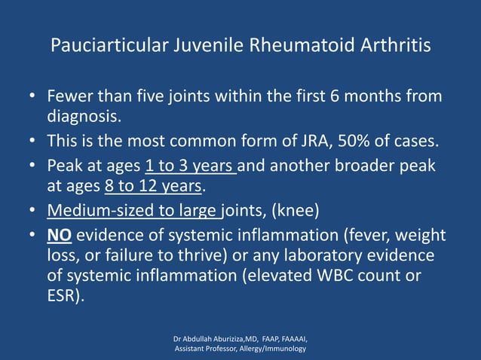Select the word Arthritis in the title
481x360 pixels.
point(393,46)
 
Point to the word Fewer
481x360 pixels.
point(69,98)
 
